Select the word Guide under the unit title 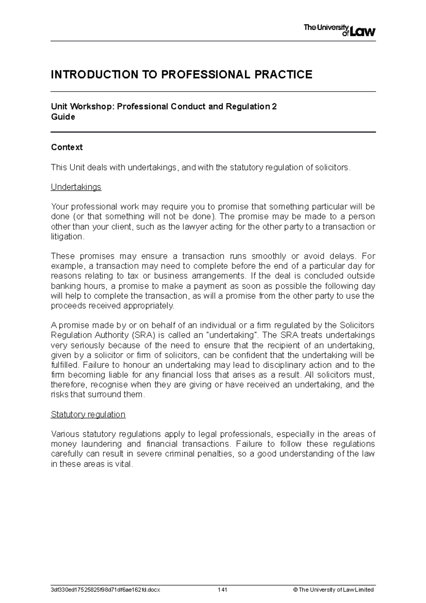coord(63,117)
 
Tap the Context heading coord(67,147)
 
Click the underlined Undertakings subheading coord(76,187)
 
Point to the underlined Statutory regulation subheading coord(88,414)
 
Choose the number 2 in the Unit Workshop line coord(274,107)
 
